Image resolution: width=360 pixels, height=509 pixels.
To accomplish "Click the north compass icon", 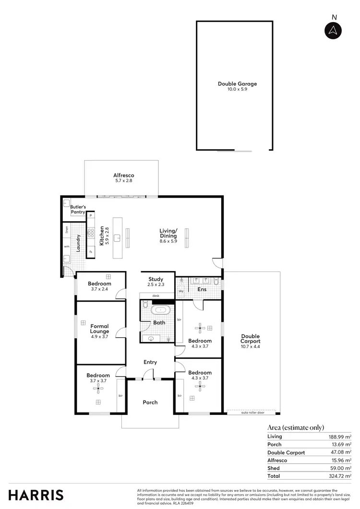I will (333, 31).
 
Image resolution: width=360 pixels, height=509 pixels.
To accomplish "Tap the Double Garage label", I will (237, 83).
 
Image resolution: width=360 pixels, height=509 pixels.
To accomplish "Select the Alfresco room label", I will (123, 176).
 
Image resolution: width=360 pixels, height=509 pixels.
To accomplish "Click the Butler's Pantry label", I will (78, 209).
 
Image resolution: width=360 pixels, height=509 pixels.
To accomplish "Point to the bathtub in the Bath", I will (159, 310).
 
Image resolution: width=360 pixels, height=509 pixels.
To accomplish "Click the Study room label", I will (156, 279).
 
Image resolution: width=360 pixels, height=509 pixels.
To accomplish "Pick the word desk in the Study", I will (156, 296).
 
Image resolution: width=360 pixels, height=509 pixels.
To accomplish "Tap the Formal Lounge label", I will (99, 329).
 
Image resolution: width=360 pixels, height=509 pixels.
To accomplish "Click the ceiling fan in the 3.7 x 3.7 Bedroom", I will (98, 388).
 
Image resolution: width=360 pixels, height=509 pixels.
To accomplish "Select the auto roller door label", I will (252, 413).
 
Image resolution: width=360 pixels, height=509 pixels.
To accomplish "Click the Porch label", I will (150, 402).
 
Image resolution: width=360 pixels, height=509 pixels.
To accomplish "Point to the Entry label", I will (150, 362).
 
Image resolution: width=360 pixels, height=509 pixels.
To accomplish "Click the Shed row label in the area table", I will (274, 468).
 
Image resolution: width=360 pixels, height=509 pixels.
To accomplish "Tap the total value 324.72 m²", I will (340, 476).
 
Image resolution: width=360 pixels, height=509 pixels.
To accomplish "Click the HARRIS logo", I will (35, 495).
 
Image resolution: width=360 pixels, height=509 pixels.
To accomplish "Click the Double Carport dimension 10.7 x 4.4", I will (251, 346).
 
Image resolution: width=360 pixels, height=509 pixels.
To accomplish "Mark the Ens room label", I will (202, 289).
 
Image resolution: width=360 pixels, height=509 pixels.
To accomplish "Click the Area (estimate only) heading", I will (295, 427).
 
